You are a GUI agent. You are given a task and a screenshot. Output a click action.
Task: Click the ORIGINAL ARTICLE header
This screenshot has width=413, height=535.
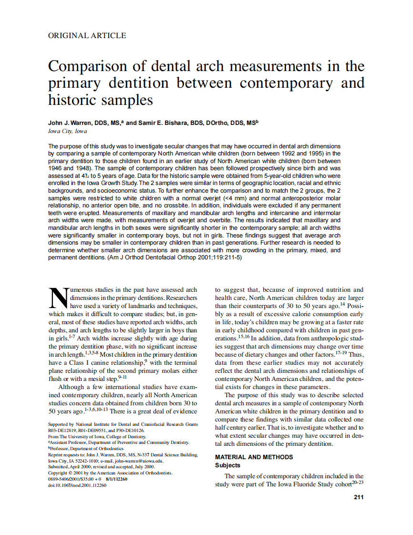tap(87, 35)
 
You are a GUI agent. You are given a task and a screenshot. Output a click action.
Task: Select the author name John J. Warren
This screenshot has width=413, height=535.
tap(71, 123)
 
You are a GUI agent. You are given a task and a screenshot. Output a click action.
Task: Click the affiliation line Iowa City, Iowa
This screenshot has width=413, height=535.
tap(68, 131)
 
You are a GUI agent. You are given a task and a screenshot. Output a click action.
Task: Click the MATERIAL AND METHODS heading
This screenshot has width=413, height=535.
tap(254, 457)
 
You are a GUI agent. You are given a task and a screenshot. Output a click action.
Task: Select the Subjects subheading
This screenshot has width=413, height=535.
tap(227, 465)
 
